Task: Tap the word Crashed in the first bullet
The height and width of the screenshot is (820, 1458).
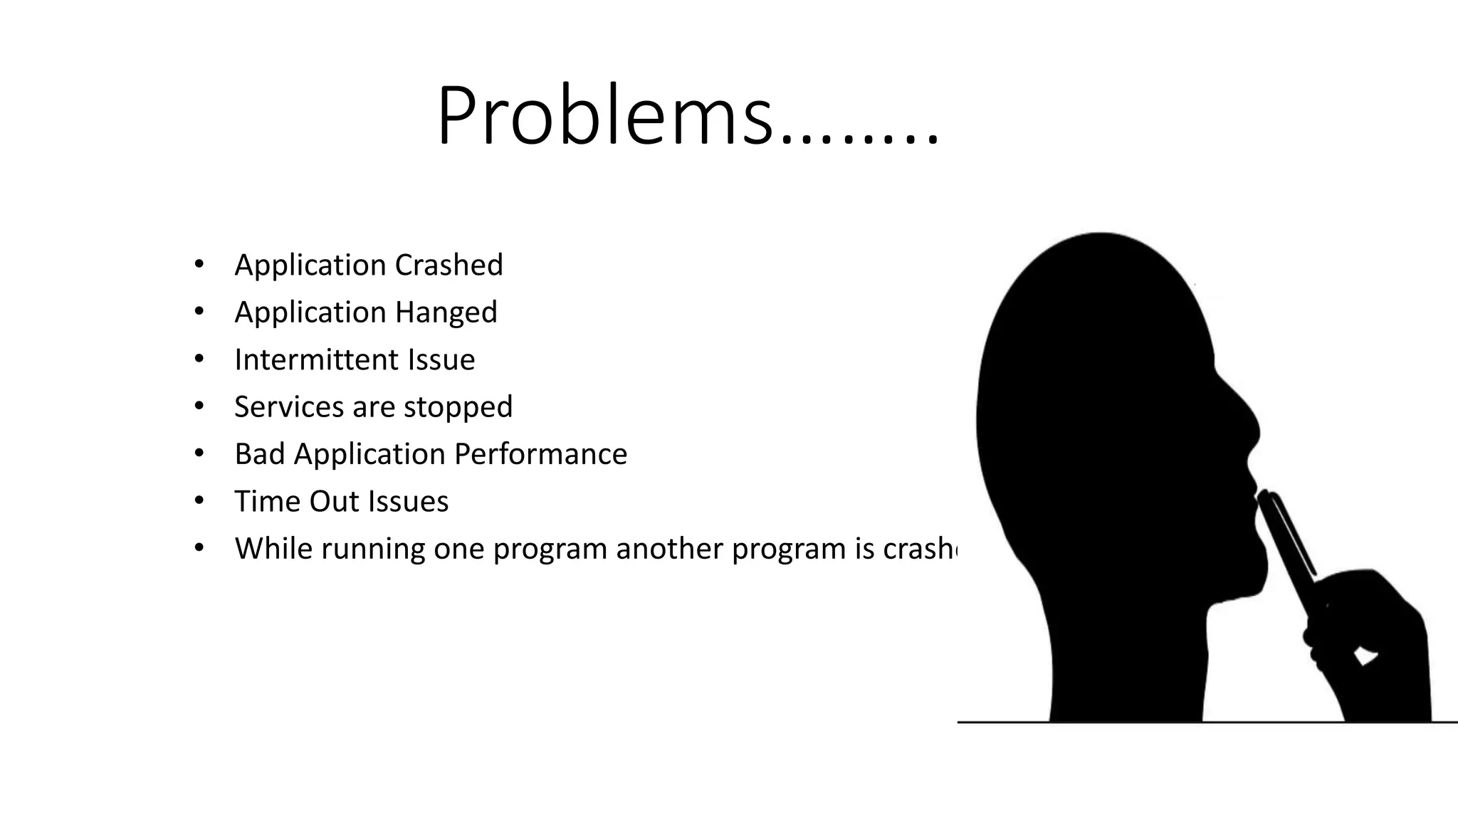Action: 449,266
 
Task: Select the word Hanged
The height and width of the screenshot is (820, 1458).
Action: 446,312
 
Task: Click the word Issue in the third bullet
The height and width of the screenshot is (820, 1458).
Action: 441,359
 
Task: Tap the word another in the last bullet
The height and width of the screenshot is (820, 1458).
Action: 669,549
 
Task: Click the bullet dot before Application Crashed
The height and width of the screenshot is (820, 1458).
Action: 199,265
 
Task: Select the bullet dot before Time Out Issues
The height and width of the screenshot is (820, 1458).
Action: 199,501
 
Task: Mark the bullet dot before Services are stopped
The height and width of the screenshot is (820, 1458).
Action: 199,406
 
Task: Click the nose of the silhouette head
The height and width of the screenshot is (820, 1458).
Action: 1249,427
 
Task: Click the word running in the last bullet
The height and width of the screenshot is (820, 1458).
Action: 372,549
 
